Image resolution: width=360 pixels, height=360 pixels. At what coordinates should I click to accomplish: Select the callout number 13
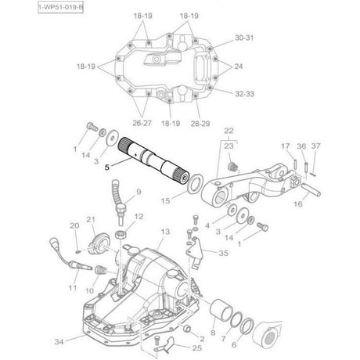coord(165,232)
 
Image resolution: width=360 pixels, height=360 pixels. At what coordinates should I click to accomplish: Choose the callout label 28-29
coord(201,124)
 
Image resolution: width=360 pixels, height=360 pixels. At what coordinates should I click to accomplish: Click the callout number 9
coord(139,190)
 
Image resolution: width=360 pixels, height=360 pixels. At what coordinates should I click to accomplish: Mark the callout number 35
coord(224,254)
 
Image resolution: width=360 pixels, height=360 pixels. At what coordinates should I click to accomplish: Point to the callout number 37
coord(315,145)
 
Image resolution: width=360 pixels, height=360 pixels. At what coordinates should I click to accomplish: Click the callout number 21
coord(90,220)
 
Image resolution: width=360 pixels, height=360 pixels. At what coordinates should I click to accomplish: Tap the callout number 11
coord(72,289)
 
